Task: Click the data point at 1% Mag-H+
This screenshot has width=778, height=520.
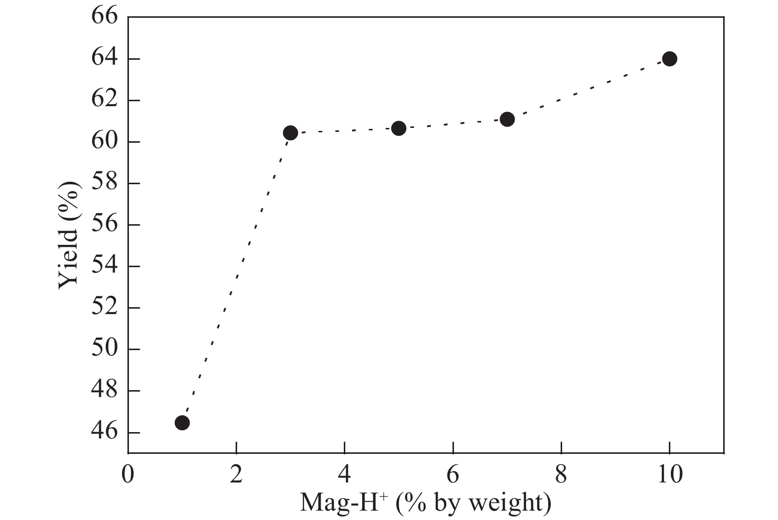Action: [x=182, y=423]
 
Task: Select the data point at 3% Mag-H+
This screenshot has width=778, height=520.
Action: [x=290, y=133]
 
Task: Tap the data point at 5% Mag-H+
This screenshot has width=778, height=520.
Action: [x=399, y=128]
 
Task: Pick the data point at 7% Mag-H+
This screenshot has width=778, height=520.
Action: [x=507, y=119]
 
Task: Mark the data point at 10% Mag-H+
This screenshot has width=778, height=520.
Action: [x=669, y=59]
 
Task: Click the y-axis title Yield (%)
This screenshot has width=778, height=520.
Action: [x=69, y=235]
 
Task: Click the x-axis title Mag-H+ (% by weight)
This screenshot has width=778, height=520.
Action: [x=425, y=503]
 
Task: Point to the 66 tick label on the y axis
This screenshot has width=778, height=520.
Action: [x=105, y=17]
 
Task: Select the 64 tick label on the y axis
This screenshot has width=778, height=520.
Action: [x=105, y=59]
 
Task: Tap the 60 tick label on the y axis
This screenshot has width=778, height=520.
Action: [x=105, y=142]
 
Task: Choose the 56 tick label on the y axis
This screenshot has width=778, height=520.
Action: [x=105, y=225]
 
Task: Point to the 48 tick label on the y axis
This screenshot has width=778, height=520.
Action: [x=105, y=391]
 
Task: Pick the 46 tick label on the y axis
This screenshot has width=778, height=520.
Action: [x=105, y=432]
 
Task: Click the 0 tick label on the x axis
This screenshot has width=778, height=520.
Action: [x=128, y=475]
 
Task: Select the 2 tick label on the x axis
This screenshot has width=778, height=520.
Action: [x=237, y=475]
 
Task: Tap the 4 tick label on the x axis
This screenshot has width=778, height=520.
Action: [x=345, y=475]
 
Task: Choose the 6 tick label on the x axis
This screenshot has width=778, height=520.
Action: [x=453, y=475]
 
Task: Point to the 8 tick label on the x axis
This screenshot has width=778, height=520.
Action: [x=561, y=475]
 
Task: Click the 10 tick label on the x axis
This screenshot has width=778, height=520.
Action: [x=669, y=475]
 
